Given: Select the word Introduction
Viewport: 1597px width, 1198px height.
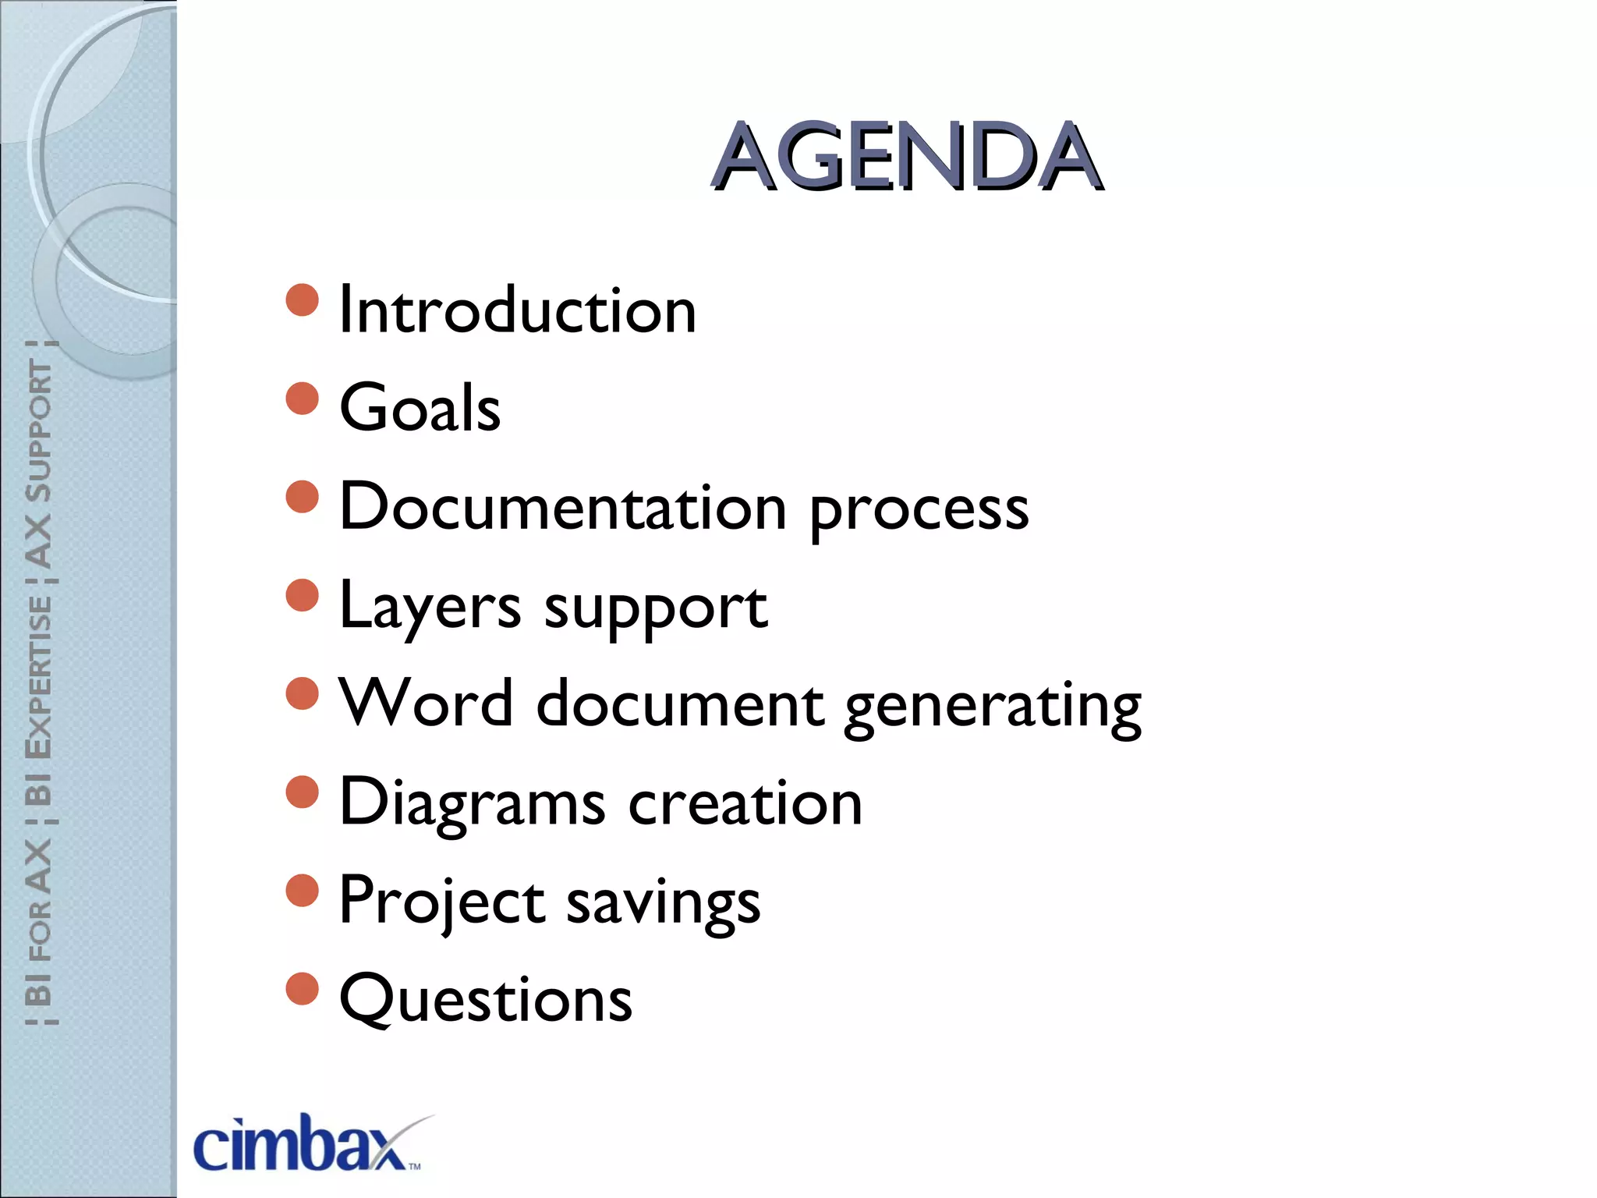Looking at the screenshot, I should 518,310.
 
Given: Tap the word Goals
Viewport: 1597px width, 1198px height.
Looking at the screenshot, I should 420,408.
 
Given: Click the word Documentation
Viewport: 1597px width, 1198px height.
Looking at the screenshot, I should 563,507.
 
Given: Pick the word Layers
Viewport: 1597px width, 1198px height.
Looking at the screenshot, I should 430,607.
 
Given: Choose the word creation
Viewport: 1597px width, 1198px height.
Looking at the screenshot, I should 745,803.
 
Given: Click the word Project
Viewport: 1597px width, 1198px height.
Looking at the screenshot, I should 442,902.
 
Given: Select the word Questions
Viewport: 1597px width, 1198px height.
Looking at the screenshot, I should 486,1000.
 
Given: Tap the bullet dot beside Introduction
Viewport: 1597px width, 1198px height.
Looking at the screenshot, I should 303,300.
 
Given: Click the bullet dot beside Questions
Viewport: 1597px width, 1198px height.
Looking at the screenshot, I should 303,989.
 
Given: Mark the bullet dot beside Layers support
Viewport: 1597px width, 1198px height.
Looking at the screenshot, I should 303,596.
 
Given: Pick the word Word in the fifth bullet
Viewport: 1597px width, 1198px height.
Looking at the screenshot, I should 426,704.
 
